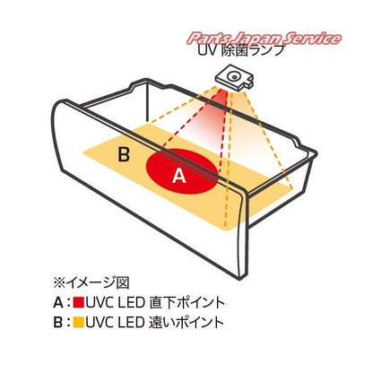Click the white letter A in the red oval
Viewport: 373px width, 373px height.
pos(179,176)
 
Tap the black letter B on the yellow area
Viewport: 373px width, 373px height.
pos(124,155)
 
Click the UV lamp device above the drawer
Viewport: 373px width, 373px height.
pos(235,78)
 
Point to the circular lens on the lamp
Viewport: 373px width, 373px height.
pos(233,77)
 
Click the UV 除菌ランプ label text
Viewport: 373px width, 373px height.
pos(240,50)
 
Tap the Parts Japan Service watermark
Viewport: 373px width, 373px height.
pos(265,39)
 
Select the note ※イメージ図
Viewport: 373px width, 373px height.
pos(91,282)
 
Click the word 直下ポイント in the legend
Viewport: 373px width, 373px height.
pos(186,302)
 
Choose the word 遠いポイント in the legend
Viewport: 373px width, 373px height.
pos(186,323)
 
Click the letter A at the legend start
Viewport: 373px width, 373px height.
pos(58,303)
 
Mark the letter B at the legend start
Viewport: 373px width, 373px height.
pos(58,323)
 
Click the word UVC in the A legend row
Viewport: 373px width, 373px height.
pos(100,303)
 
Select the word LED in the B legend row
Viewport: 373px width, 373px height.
pos(132,323)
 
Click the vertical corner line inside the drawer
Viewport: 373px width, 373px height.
pos(147,101)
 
